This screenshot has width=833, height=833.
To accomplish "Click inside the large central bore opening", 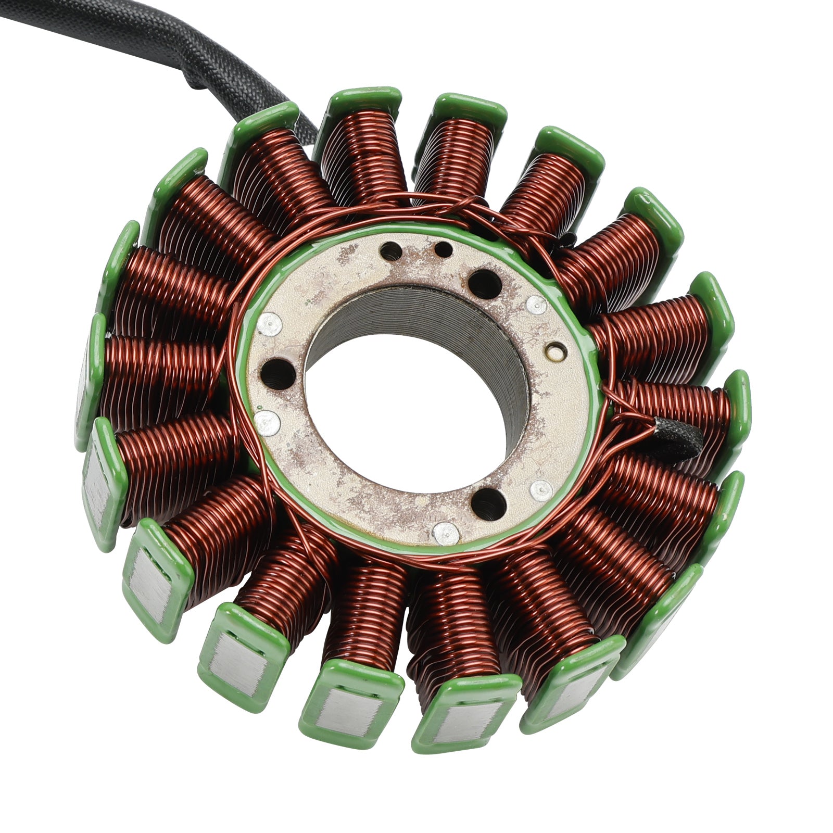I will pos(406,411).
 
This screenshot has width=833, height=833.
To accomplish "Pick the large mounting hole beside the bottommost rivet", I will pos(488,502).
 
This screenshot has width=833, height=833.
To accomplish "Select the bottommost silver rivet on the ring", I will pos(446,532).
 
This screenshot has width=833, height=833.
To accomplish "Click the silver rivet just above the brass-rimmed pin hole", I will pos(536,306).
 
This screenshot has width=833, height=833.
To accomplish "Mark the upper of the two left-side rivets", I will pos(269,324).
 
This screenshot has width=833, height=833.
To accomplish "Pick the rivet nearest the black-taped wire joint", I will pos(541,490).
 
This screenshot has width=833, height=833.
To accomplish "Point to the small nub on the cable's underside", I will pos(195,83).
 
